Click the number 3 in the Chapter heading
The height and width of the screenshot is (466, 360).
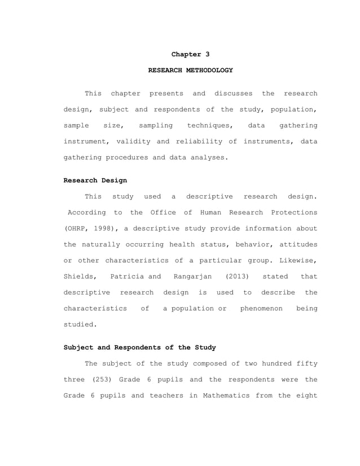click(x=207, y=54)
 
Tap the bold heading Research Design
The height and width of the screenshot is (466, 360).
click(x=95, y=181)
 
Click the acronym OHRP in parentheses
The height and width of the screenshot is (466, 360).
click(x=76, y=228)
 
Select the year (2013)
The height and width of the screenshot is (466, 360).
click(x=236, y=276)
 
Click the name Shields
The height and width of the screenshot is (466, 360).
click(x=80, y=276)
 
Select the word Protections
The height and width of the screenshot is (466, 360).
click(x=292, y=212)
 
